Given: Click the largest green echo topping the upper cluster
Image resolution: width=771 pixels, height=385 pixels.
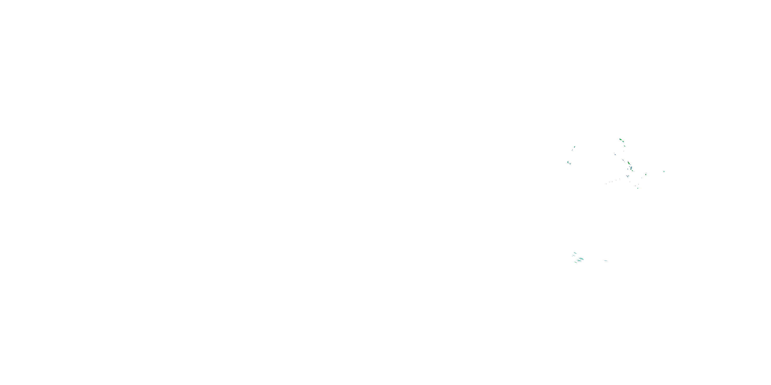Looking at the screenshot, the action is coord(621,139).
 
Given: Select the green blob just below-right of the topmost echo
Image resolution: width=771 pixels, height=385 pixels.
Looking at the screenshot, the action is coord(623,142).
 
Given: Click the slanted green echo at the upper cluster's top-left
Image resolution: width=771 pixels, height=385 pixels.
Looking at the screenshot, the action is coord(575,147).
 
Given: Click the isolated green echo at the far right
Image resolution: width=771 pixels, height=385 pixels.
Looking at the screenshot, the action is coord(664,171).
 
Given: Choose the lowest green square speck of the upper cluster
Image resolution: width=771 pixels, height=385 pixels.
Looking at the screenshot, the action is coord(638,188).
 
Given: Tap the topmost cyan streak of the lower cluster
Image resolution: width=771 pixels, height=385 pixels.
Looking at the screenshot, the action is coord(575,253).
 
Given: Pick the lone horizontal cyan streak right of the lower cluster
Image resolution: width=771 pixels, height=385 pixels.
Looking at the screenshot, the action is coord(605,261).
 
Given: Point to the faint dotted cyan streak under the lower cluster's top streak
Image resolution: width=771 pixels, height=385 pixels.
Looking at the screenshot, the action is coord(574,256).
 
